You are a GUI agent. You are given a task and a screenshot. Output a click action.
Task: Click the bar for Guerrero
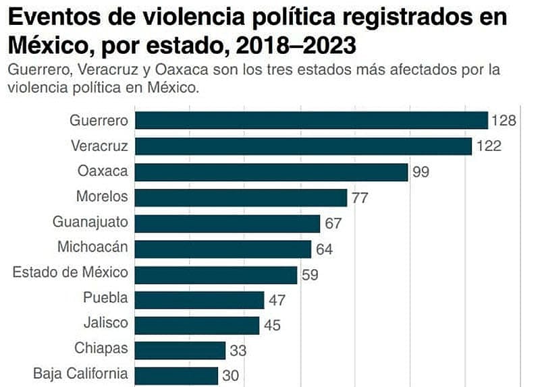click(311, 121)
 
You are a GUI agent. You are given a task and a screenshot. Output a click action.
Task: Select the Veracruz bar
click(303, 146)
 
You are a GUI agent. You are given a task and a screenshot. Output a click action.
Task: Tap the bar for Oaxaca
click(271, 171)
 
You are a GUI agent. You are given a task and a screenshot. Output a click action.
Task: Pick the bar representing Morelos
click(241, 197)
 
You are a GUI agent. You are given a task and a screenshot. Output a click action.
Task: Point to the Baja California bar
click(176, 375)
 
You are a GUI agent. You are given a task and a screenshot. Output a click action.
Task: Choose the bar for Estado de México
click(216, 274)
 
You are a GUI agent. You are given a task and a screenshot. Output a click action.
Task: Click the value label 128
click(504, 121)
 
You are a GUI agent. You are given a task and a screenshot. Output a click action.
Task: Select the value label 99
click(421, 172)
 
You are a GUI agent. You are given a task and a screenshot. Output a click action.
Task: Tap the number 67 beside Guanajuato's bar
click(333, 223)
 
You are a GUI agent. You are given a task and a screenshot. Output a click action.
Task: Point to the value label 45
click(272, 325)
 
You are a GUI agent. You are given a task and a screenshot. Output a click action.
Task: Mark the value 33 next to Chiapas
click(238, 351)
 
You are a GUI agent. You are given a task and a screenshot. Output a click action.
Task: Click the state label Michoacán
click(92, 247)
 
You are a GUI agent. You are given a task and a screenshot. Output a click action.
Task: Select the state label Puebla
click(105, 298)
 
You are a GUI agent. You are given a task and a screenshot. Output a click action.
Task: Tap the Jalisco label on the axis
click(105, 323)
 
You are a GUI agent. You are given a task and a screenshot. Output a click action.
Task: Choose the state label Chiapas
click(101, 349)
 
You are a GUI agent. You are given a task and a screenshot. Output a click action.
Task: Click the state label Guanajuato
click(90, 222)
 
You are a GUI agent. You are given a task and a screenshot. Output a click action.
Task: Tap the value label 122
click(488, 146)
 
